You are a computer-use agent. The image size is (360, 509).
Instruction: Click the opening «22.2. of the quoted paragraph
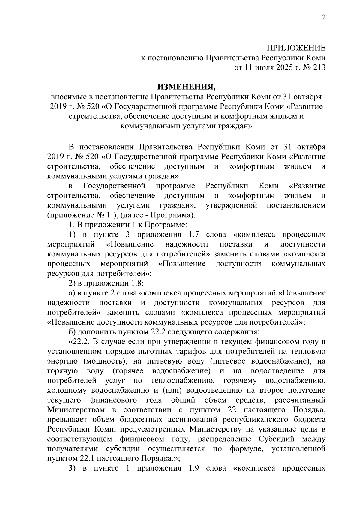coord(79,342)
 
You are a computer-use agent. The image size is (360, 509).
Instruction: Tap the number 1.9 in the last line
coord(191,469)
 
